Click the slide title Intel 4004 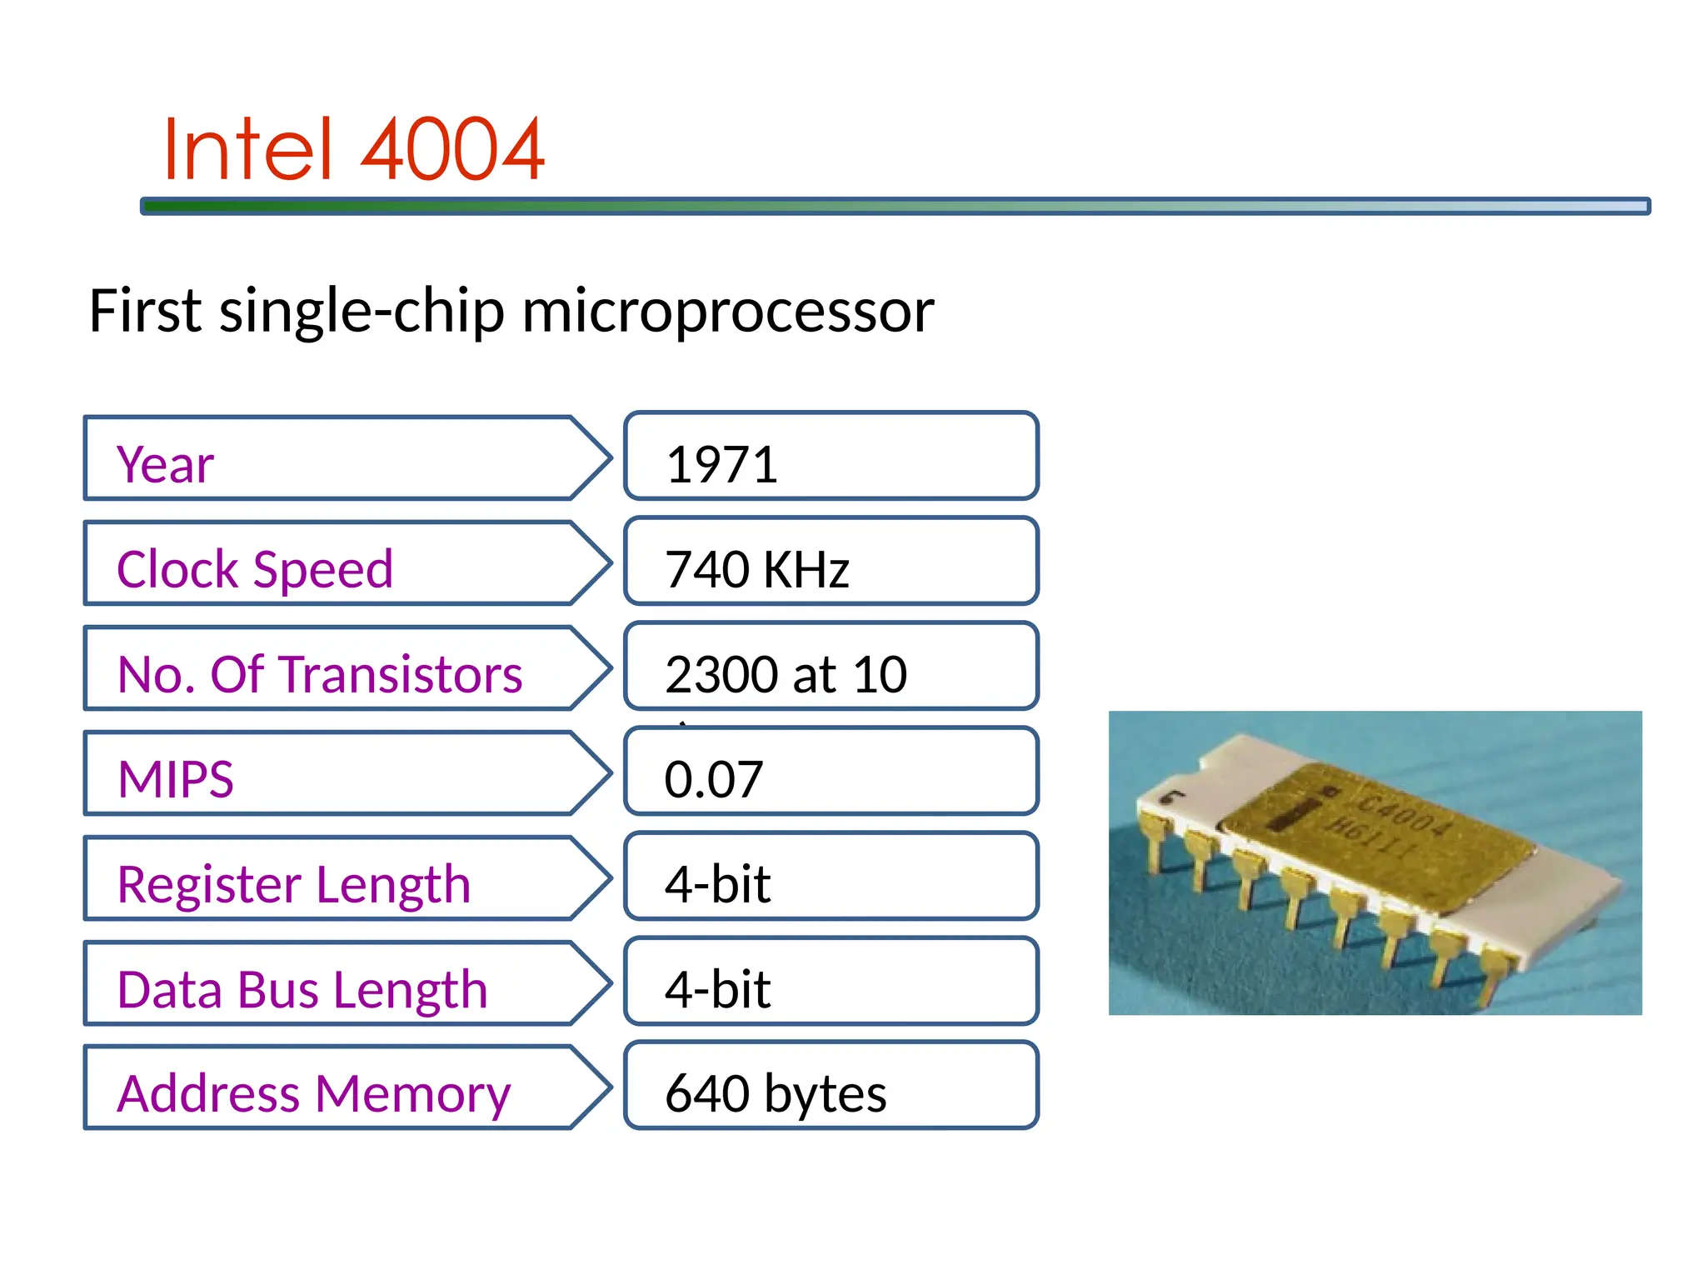coord(354,150)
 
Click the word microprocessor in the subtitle coord(727,311)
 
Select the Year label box coord(333,459)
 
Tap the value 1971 coord(721,464)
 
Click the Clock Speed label coord(255,569)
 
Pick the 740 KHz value coord(756,569)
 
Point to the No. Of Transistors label coord(320,674)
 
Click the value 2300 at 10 coord(786,674)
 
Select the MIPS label coord(176,779)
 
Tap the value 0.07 coord(714,779)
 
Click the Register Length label coord(294,884)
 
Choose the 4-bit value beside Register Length coord(717,884)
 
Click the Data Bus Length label coord(302,989)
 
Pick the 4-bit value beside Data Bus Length coord(717,989)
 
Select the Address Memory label coord(313,1094)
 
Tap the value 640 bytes coord(776,1094)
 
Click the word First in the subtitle coord(145,311)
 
